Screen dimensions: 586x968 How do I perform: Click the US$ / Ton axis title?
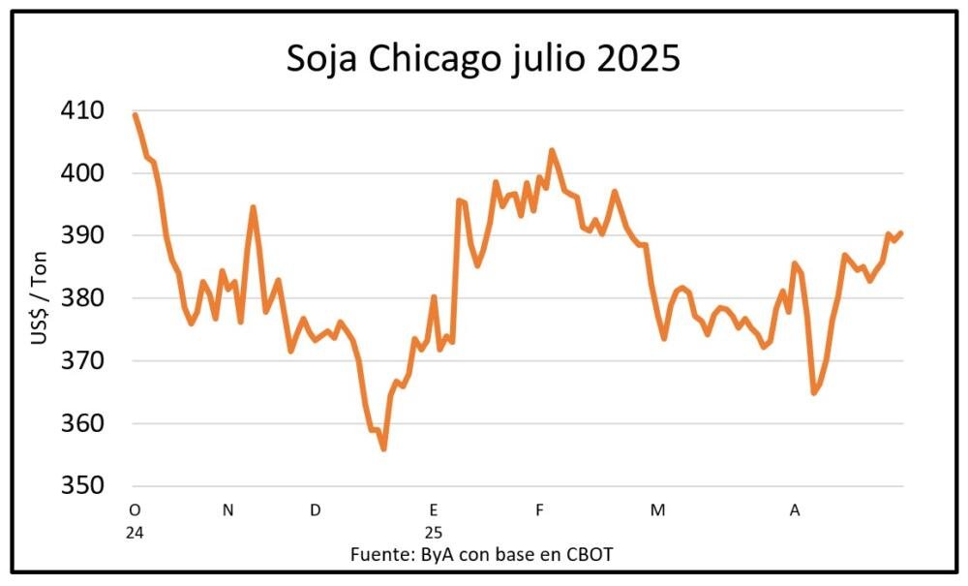[x=39, y=298]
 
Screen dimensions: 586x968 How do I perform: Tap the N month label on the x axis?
[x=227, y=510]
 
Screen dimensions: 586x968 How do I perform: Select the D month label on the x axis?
[x=316, y=510]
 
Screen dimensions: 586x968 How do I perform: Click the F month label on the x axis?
[x=539, y=510]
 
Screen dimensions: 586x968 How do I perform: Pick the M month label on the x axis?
[x=657, y=510]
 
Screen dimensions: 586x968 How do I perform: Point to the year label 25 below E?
[x=434, y=532]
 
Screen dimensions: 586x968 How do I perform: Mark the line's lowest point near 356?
[x=383, y=448]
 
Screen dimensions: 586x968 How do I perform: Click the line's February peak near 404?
[x=552, y=151]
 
